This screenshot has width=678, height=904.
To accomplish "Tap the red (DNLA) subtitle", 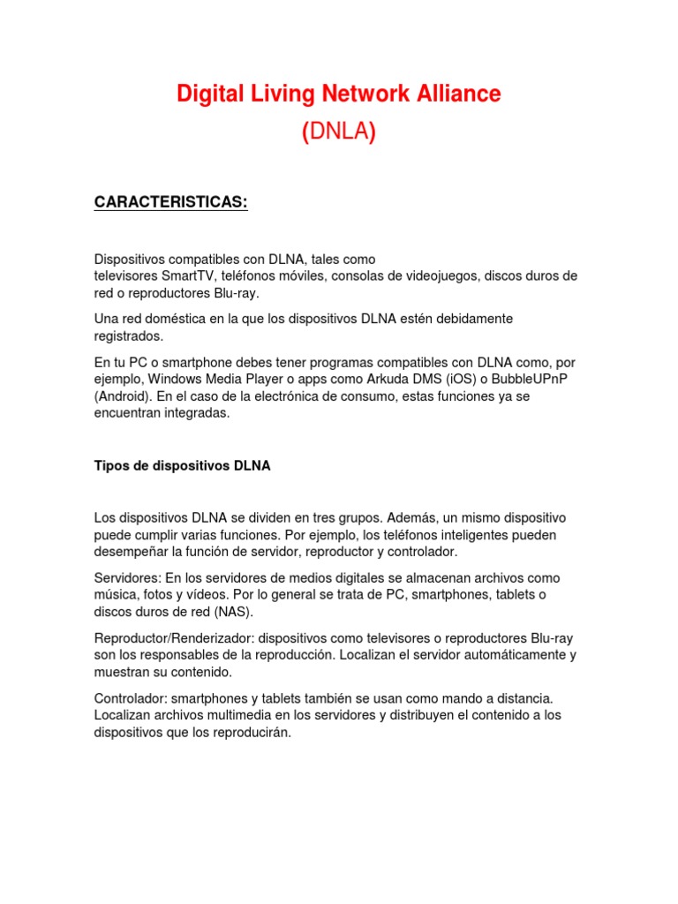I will [339, 132].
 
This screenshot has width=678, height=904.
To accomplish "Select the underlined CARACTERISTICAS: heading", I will [171, 203].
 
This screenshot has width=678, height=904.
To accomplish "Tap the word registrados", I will [129, 335].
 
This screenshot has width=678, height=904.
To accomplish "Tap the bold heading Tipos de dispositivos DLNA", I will [182, 466].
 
